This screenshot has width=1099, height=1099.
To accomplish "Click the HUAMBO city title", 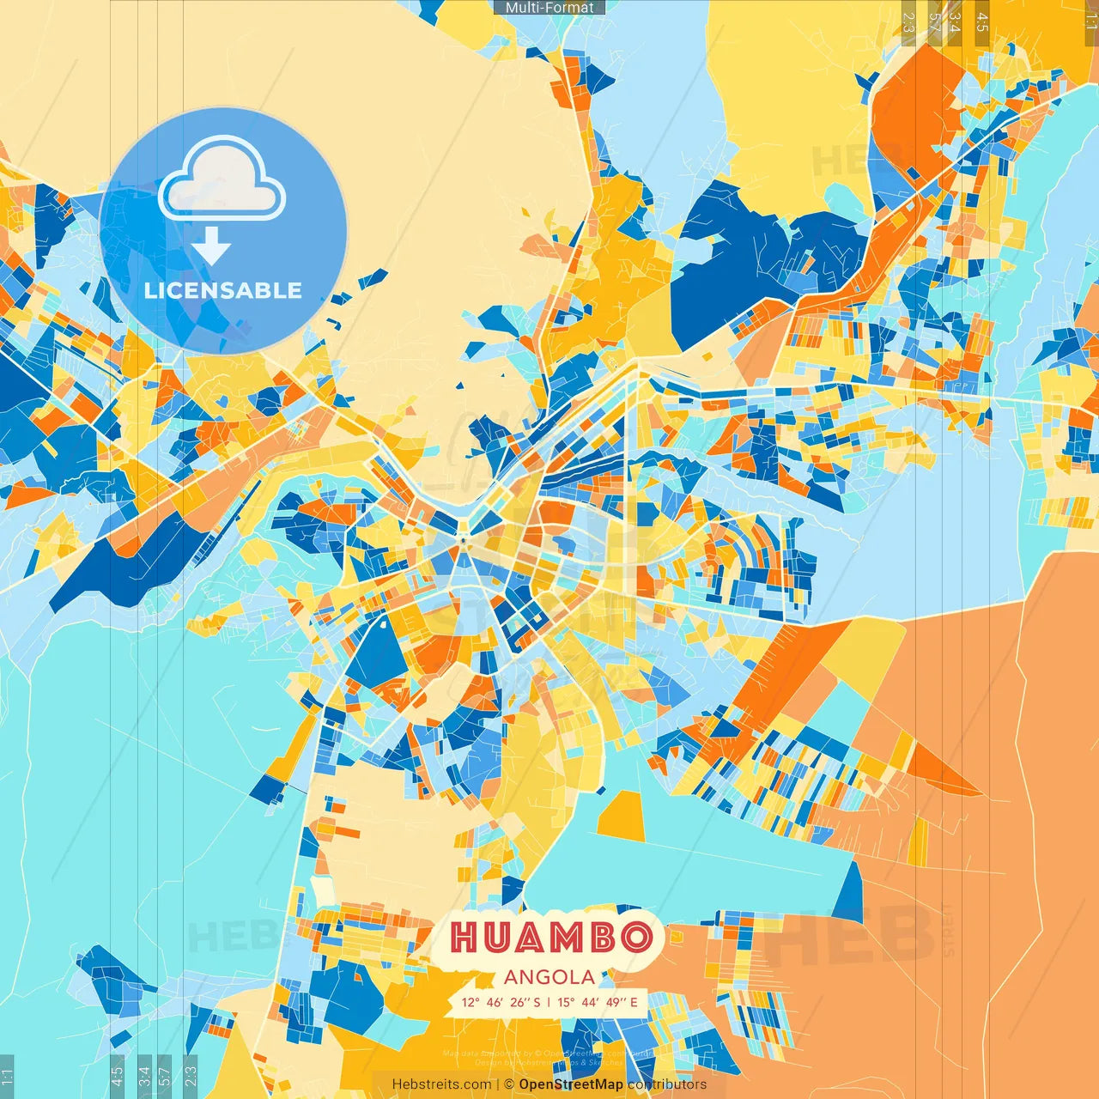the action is tap(549, 938).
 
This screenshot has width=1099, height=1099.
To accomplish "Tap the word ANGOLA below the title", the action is tap(549, 977).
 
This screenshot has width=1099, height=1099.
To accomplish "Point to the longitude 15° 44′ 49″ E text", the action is tap(598, 1002).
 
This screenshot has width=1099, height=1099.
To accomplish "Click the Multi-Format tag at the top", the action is tap(549, 8).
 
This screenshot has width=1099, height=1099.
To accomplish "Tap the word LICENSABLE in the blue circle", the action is tap(223, 290).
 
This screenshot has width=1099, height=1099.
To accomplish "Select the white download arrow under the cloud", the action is tap(211, 246).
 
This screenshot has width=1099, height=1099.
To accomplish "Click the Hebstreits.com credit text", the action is tap(441, 1084).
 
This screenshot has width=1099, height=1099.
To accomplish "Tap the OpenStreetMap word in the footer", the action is tap(571, 1084).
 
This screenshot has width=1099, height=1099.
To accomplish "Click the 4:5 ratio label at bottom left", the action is tap(118, 1076).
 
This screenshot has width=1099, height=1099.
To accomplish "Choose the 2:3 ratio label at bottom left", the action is tap(191, 1076).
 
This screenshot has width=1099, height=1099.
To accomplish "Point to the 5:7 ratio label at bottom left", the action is tap(165, 1076).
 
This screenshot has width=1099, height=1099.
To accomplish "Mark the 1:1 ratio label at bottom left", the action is tap(8, 1076).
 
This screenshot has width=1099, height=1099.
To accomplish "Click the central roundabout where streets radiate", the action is tap(463, 539).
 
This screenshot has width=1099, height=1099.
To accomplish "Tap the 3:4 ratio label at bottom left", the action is tap(144, 1076).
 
